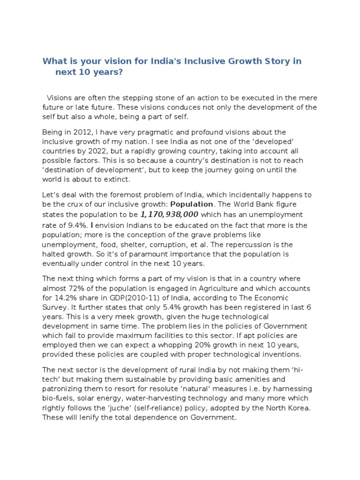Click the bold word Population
191,204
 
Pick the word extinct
117,180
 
